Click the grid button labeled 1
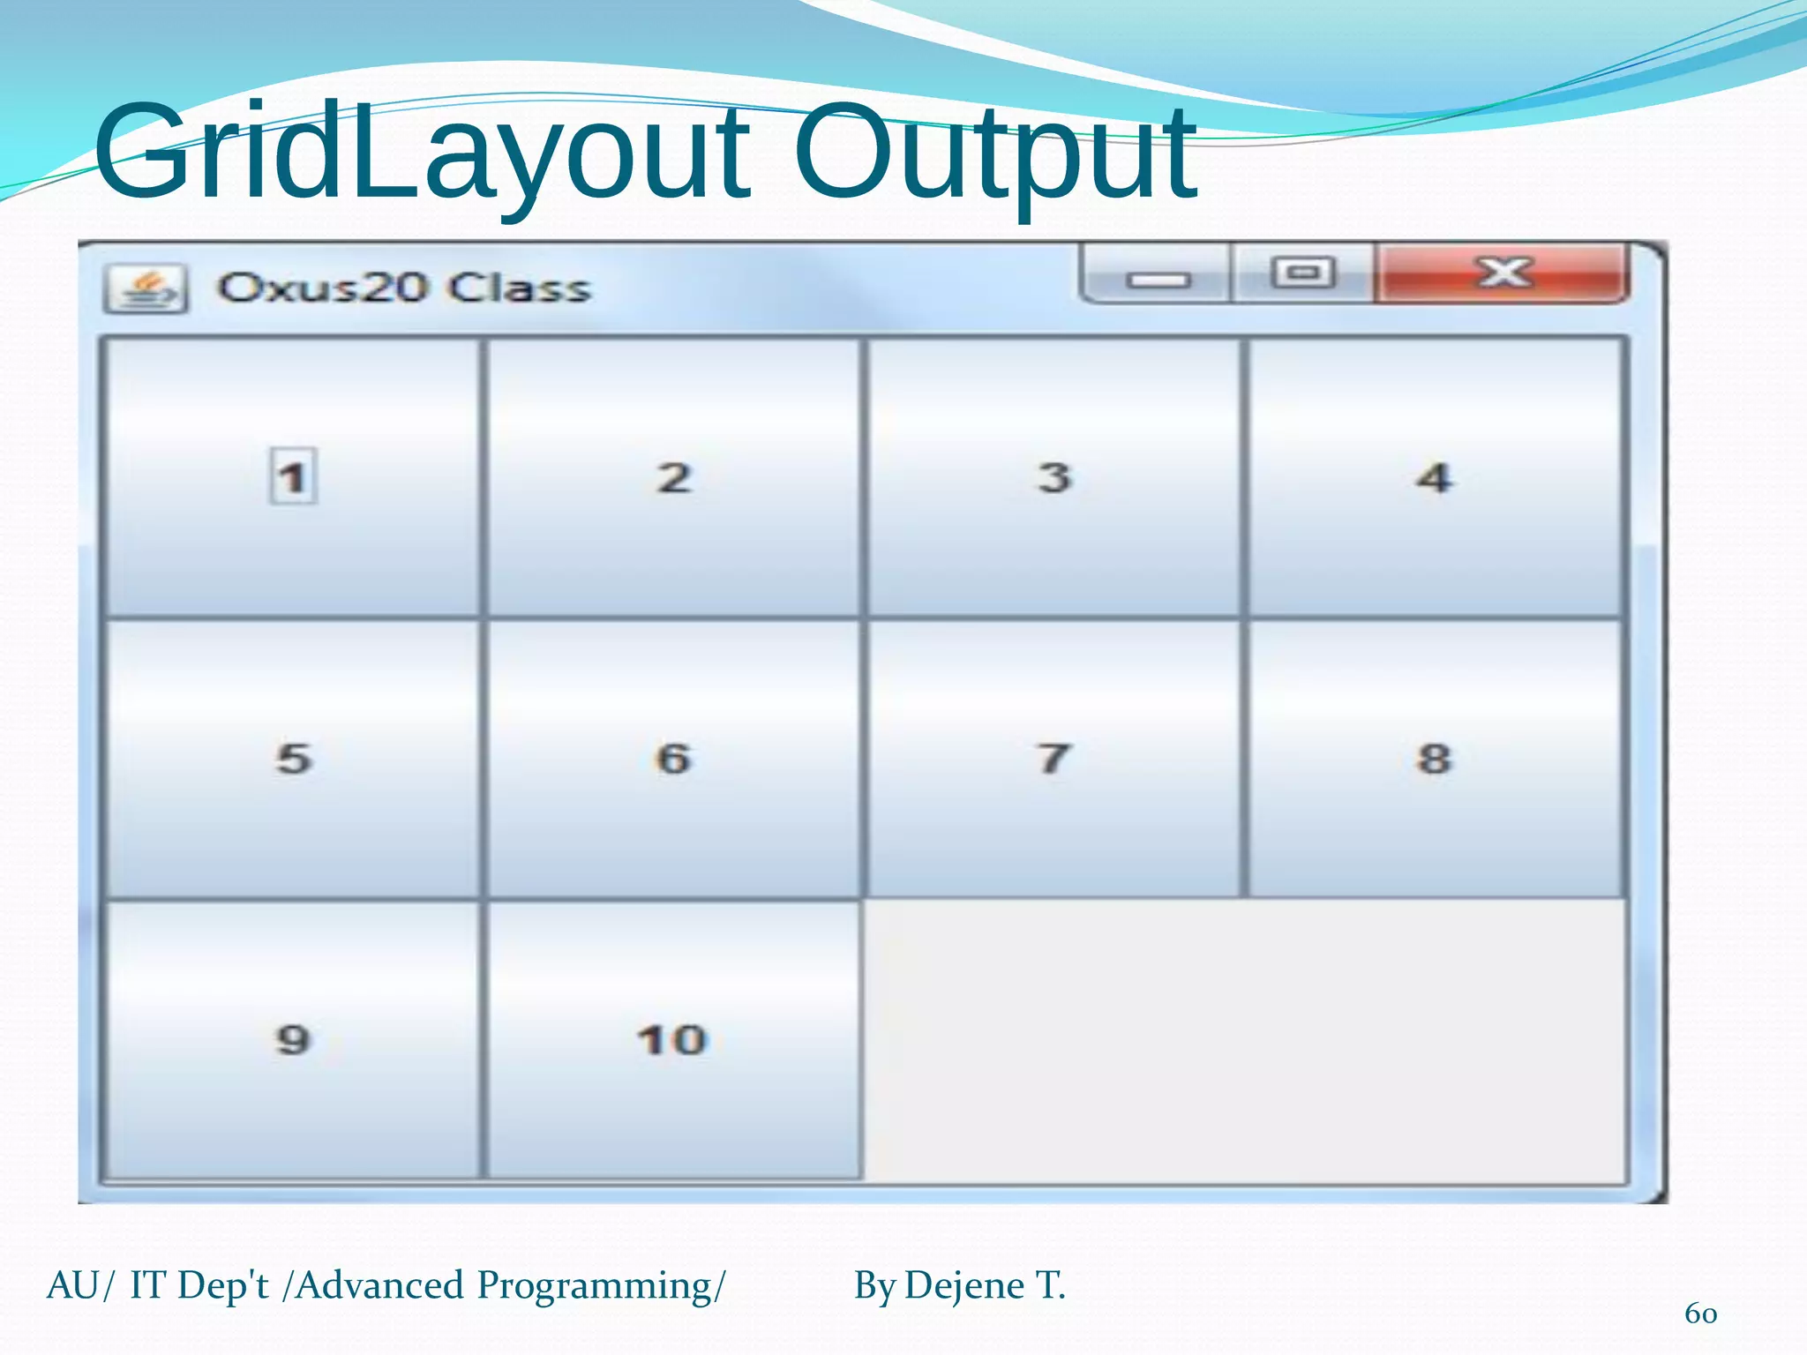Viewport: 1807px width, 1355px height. pyautogui.click(x=292, y=477)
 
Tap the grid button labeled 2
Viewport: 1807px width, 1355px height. pyautogui.click(x=673, y=477)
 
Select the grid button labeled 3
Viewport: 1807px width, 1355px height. pyautogui.click(x=1053, y=477)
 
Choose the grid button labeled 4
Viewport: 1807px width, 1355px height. pyautogui.click(x=1434, y=477)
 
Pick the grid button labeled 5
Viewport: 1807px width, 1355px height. pyautogui.click(x=292, y=759)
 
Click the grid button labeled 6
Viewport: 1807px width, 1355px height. pyautogui.click(x=673, y=759)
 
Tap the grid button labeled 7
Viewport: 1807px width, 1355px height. pyautogui.click(x=1053, y=759)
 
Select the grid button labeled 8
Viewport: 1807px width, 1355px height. pyautogui.click(x=1434, y=759)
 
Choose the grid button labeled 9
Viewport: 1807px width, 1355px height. pyautogui.click(x=292, y=1039)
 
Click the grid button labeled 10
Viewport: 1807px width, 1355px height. pyautogui.click(x=673, y=1039)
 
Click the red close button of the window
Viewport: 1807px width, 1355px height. pyautogui.click(x=1502, y=273)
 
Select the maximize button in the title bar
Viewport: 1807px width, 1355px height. pyautogui.click(x=1302, y=273)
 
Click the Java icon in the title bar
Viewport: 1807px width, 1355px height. pyautogui.click(x=146, y=288)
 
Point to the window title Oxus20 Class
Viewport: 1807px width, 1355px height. pyautogui.click(x=403, y=288)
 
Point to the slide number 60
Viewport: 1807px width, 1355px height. pyautogui.click(x=1700, y=1314)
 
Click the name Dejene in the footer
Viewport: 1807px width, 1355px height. pyautogui.click(x=964, y=1285)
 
